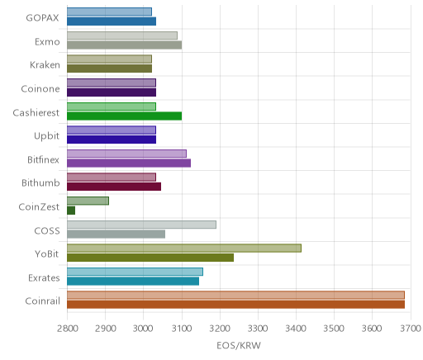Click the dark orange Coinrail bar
(235, 305)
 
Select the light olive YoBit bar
(184, 248)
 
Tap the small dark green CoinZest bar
(71, 211)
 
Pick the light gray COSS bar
(141, 225)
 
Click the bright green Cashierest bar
(124, 116)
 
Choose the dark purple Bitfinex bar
(129, 163)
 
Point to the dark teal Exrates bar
(133, 282)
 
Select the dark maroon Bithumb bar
(114, 187)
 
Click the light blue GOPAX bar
(109, 12)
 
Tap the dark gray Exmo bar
(124, 45)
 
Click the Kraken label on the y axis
(45, 65)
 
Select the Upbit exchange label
(46, 136)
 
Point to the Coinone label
(40, 88)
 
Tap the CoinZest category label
(39, 206)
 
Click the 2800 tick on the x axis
(67, 329)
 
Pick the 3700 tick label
(411, 329)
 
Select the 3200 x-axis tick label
(220, 329)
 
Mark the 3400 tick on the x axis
(297, 329)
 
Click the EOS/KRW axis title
(239, 345)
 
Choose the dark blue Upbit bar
(112, 140)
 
